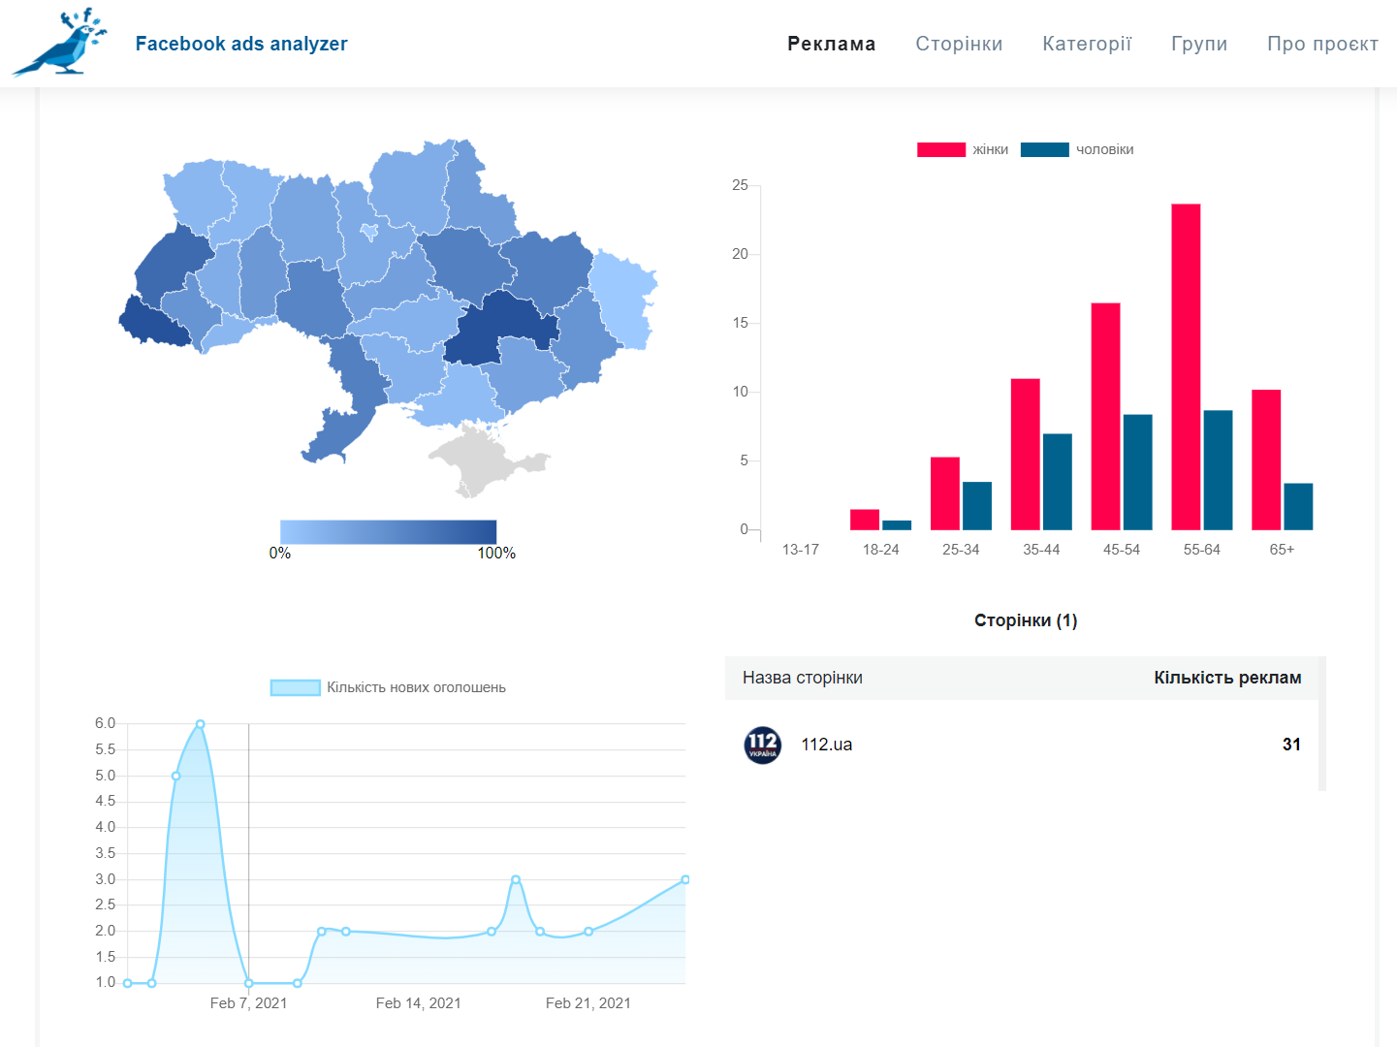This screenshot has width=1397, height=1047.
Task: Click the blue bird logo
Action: click(60, 44)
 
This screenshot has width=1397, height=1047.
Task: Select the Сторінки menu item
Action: click(959, 44)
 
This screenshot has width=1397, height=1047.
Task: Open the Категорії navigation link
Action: click(1087, 44)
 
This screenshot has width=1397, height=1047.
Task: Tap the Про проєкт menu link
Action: click(1322, 44)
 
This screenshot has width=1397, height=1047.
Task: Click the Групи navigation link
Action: click(1199, 44)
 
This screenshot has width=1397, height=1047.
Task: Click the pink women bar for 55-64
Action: click(1186, 366)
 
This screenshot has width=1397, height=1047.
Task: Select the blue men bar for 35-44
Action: click(1057, 482)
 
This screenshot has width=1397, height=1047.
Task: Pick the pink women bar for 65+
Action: click(1266, 460)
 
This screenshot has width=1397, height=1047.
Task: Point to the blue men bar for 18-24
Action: click(897, 525)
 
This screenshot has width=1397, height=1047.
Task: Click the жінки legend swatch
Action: click(941, 149)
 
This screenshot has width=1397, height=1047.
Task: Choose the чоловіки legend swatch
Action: click(1044, 149)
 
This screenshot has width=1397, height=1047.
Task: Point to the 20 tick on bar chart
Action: click(740, 254)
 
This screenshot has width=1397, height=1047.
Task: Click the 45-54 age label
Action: click(1122, 550)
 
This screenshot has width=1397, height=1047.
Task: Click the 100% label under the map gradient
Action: click(496, 554)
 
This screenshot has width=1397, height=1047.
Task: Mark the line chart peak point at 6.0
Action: click(201, 723)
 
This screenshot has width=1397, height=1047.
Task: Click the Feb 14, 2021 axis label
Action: click(418, 1003)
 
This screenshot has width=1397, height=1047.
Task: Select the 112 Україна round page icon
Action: click(762, 745)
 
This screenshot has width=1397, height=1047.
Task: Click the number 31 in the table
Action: click(1291, 744)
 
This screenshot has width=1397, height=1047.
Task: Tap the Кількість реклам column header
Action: click(1227, 678)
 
